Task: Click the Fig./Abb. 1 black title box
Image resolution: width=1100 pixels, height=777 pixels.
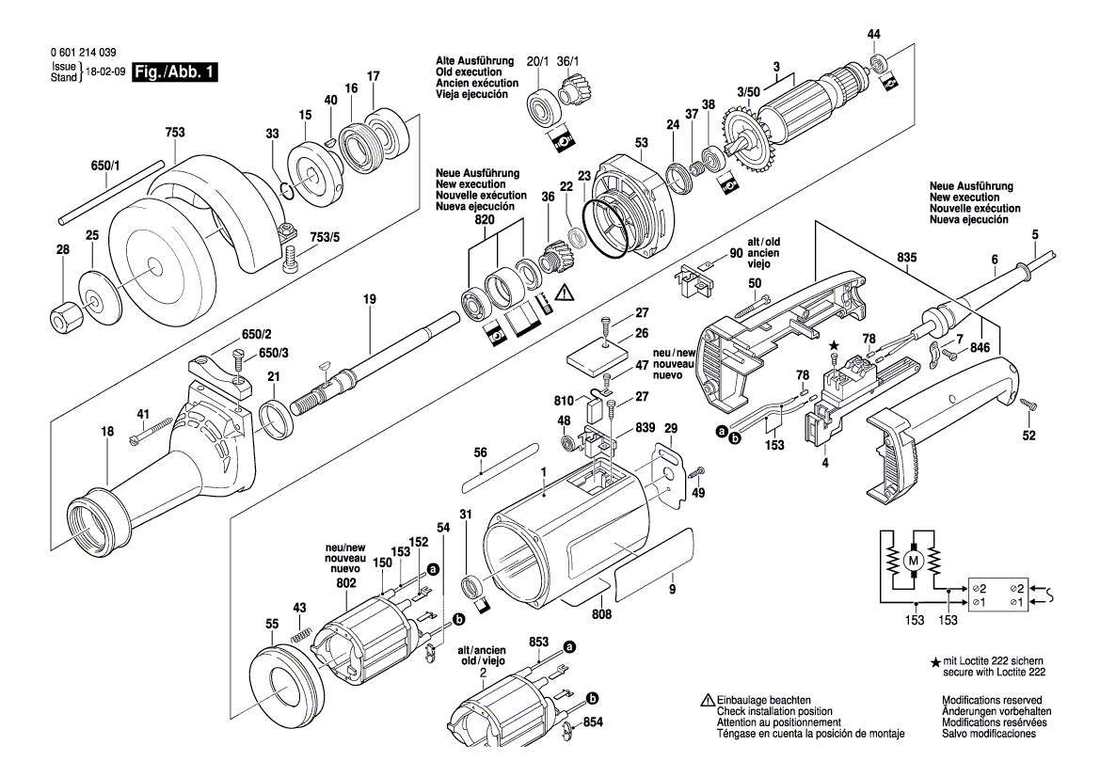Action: [176, 72]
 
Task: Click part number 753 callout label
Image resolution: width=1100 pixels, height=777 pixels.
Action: [175, 133]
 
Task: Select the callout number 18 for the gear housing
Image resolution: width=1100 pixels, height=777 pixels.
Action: [108, 432]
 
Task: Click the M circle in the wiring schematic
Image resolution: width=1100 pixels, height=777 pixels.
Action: [911, 561]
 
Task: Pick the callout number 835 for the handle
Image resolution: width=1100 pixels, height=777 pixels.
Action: [906, 257]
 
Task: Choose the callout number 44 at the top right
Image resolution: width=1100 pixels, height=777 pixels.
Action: [874, 34]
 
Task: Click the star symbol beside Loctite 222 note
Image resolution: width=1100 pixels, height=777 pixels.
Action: [935, 663]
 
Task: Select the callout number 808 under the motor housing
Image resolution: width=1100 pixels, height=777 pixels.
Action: [602, 614]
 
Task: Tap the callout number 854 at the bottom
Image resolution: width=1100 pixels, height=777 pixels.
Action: [592, 722]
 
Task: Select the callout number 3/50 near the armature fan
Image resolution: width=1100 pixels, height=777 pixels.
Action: [748, 91]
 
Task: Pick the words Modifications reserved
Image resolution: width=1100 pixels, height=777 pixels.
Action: [992, 701]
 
